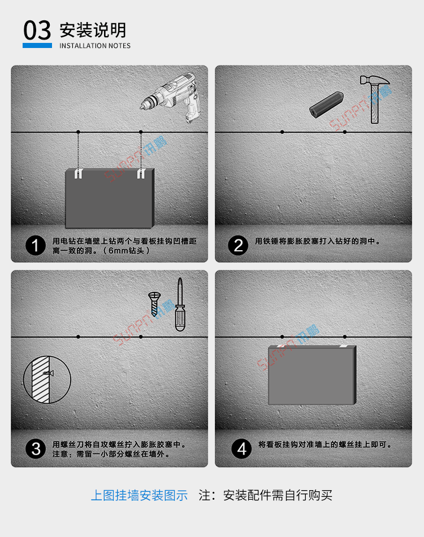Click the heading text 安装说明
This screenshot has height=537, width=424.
93,29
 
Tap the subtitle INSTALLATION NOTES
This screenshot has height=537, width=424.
95,46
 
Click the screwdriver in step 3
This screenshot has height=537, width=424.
179,305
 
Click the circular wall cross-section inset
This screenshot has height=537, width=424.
47,382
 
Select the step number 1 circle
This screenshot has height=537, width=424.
36,246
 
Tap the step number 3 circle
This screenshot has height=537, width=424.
36,449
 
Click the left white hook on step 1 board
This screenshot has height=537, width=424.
79,173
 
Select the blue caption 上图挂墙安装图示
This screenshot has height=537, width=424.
139,496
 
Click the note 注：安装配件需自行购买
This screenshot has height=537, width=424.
266,496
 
